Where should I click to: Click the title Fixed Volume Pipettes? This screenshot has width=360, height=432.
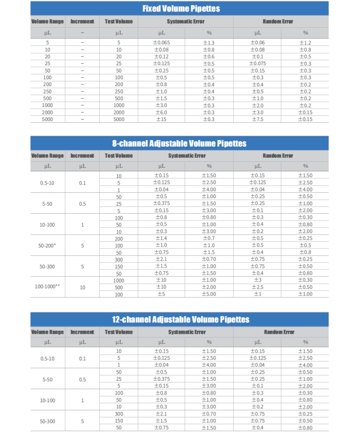pyautogui.click(x=181, y=8)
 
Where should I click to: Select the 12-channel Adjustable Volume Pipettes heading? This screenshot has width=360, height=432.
pyautogui.click(x=180, y=319)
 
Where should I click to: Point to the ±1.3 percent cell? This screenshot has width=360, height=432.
pyautogui.click(x=208, y=43)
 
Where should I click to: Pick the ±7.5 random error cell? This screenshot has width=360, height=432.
pyautogui.click(x=257, y=119)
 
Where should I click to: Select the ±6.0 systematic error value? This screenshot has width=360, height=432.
pyautogui.click(x=161, y=112)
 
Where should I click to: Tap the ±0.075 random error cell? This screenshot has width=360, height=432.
pyautogui.click(x=257, y=64)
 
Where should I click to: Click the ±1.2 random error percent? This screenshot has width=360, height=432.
pyautogui.click(x=305, y=43)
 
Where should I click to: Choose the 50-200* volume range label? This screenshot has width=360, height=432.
pyautogui.click(x=47, y=246)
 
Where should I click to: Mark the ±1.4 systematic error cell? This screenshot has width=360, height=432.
pyautogui.click(x=161, y=239)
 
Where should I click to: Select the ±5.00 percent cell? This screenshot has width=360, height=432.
pyautogui.click(x=208, y=294)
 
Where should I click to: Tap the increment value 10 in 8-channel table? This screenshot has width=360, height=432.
pyautogui.click(x=82, y=287)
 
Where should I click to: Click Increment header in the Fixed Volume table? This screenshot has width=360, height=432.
pyautogui.click(x=82, y=21)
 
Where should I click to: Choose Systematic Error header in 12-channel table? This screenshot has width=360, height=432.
pyautogui.click(x=187, y=332)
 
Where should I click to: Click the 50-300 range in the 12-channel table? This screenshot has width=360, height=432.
pyautogui.click(x=47, y=421)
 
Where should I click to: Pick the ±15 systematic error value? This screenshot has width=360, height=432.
pyautogui.click(x=161, y=119)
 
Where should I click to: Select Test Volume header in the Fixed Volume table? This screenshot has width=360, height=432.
pyautogui.click(x=119, y=21)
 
